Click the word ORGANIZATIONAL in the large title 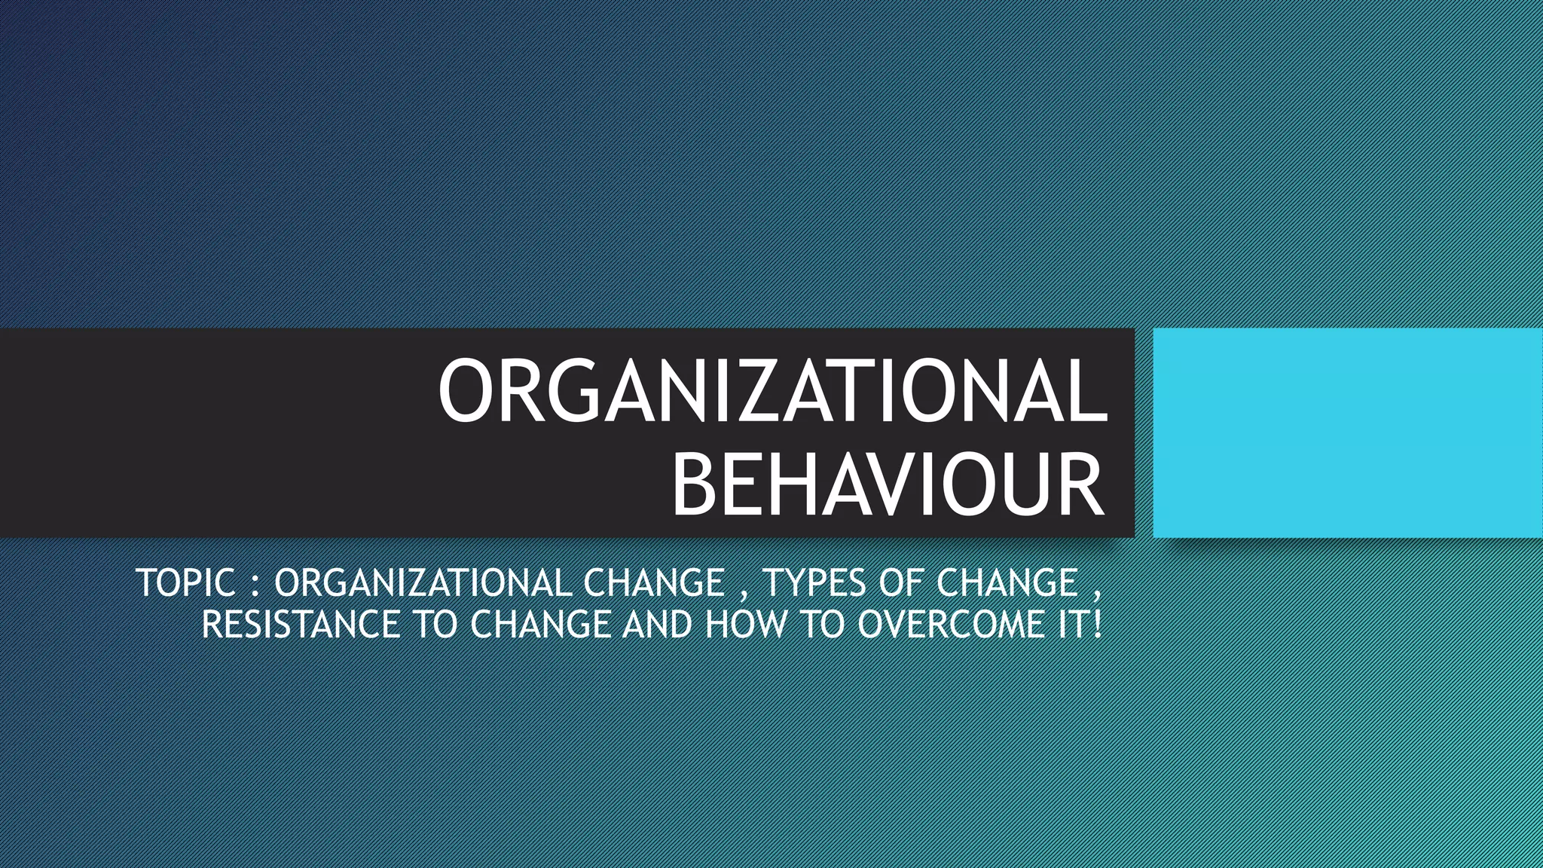click(773, 391)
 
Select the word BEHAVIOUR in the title click(888, 484)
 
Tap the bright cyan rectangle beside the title click(1347, 432)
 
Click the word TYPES click(814, 583)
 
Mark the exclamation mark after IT click(1096, 625)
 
